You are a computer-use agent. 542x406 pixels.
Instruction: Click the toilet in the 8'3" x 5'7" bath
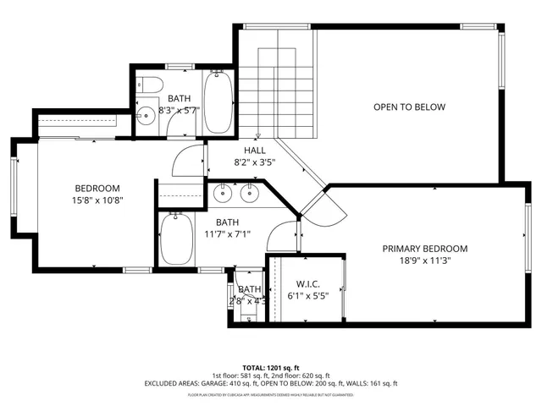150,85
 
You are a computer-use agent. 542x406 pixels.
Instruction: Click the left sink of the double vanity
224,195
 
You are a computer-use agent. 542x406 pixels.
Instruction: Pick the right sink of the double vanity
249,195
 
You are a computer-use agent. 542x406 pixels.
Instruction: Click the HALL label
244,150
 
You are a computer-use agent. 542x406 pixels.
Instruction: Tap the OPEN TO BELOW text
410,107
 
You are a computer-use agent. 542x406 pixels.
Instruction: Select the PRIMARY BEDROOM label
424,249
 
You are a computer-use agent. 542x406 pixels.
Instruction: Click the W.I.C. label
306,284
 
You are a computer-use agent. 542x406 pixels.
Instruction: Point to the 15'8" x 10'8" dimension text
97,200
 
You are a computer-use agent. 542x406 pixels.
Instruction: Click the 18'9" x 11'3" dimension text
424,261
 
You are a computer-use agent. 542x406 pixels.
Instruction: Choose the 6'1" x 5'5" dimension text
306,297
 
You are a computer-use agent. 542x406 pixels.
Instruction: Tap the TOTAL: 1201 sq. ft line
270,368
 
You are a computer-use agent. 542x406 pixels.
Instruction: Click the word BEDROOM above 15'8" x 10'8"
97,188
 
